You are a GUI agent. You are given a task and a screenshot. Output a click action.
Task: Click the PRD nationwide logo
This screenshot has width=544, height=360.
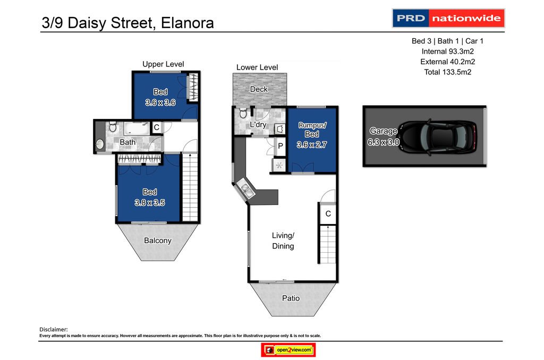tap(448, 19)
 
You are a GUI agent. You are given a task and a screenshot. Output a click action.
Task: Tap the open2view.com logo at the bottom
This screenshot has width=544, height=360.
tap(288, 350)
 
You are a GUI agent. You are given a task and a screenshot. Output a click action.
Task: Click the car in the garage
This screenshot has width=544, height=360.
tap(440, 136)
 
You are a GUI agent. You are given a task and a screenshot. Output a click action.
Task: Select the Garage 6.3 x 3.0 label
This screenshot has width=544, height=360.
tap(383, 136)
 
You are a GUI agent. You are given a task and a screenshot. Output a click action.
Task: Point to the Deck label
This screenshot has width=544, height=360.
tap(259, 89)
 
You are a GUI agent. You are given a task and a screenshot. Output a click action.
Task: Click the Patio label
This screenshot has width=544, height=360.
tap(291, 298)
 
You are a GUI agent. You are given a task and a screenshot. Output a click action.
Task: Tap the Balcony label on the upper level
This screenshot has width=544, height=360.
tap(158, 241)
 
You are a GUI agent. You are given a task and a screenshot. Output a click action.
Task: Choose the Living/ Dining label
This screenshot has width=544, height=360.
tap(283, 241)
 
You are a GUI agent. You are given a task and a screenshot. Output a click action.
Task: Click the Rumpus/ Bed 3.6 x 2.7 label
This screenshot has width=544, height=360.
tap(312, 134)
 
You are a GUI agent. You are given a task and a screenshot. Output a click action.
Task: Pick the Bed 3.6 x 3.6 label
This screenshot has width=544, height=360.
tap(160, 97)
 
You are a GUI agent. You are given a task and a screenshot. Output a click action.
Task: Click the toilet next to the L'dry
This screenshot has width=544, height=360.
tap(242, 113)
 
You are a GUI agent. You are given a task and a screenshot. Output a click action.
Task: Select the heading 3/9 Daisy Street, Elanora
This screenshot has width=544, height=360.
tap(127, 23)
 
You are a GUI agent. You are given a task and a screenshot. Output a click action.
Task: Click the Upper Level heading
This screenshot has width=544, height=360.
tap(163, 64)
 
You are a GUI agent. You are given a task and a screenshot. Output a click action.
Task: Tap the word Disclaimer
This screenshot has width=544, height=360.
tap(54, 330)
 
